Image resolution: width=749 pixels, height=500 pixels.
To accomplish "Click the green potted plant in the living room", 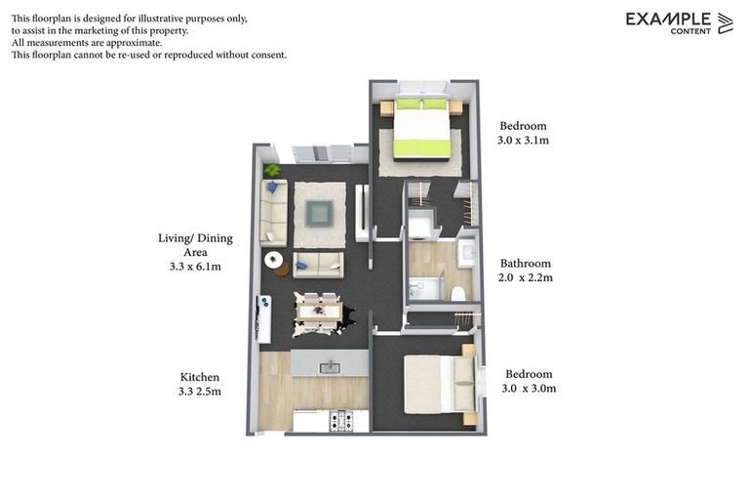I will tap(272, 171).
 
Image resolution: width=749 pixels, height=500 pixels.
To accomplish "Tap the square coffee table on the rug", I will tap(319, 212).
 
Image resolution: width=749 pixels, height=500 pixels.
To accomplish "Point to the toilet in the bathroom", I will tap(457, 292).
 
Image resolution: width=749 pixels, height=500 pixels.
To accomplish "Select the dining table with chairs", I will tap(319, 312).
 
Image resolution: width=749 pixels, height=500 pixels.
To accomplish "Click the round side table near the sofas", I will tap(274, 260).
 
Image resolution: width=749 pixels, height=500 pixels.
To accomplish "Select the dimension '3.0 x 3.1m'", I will tap(524, 141).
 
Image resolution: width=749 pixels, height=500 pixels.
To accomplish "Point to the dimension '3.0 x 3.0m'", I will tap(530, 389).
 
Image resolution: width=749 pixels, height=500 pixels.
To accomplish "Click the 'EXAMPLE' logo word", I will tap(668, 18).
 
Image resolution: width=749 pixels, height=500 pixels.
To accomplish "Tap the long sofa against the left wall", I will tap(273, 213).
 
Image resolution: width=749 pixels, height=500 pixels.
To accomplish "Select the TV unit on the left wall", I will tap(263, 318).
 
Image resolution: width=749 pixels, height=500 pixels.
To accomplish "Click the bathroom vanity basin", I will tap(466, 252).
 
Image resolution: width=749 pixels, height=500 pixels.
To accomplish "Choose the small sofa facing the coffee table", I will tap(318, 265).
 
